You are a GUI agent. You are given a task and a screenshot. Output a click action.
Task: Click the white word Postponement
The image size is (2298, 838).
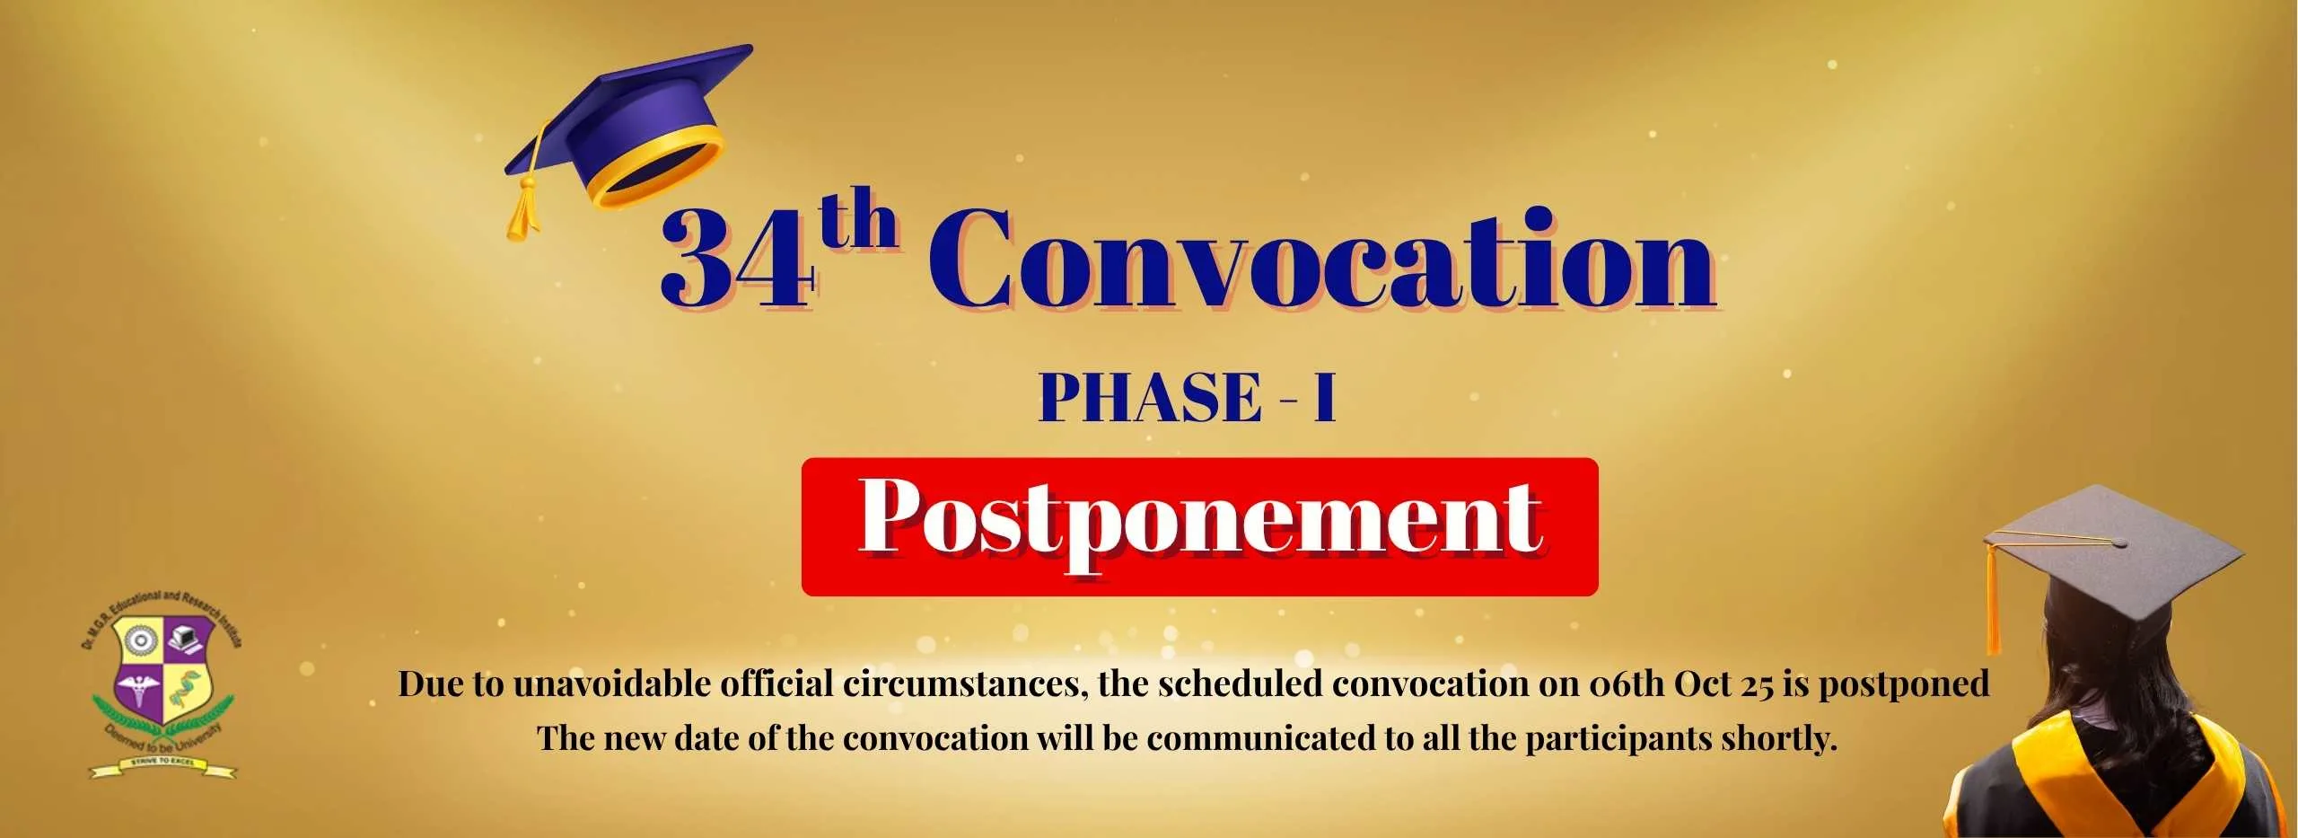pyautogui.click(x=1201, y=520)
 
